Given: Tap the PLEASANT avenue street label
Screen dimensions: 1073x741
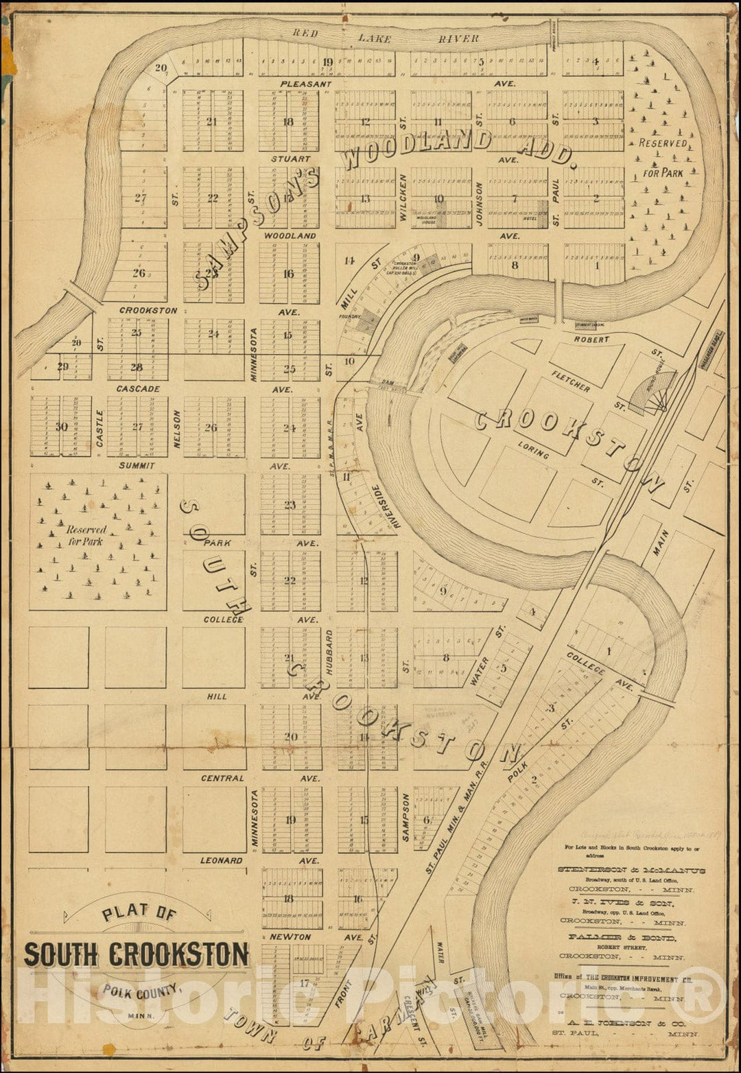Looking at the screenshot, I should tap(305, 84).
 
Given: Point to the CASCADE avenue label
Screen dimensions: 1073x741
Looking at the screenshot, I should tap(138, 388).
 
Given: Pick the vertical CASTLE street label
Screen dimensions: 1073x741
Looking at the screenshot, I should tap(100, 429).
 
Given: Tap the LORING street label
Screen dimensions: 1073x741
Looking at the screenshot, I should tap(534, 450).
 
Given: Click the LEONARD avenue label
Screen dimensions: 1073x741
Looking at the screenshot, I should tap(221, 860).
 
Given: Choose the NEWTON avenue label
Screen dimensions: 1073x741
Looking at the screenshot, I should tap(290, 936).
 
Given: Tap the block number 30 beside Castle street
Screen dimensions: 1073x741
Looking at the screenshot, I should tap(62, 427).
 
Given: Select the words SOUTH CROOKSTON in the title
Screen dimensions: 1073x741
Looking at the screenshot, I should tap(137, 955).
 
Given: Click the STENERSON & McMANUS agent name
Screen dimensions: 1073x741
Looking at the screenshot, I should tap(631, 870).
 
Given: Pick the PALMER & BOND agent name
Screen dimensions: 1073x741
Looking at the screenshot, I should tap(621, 937).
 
